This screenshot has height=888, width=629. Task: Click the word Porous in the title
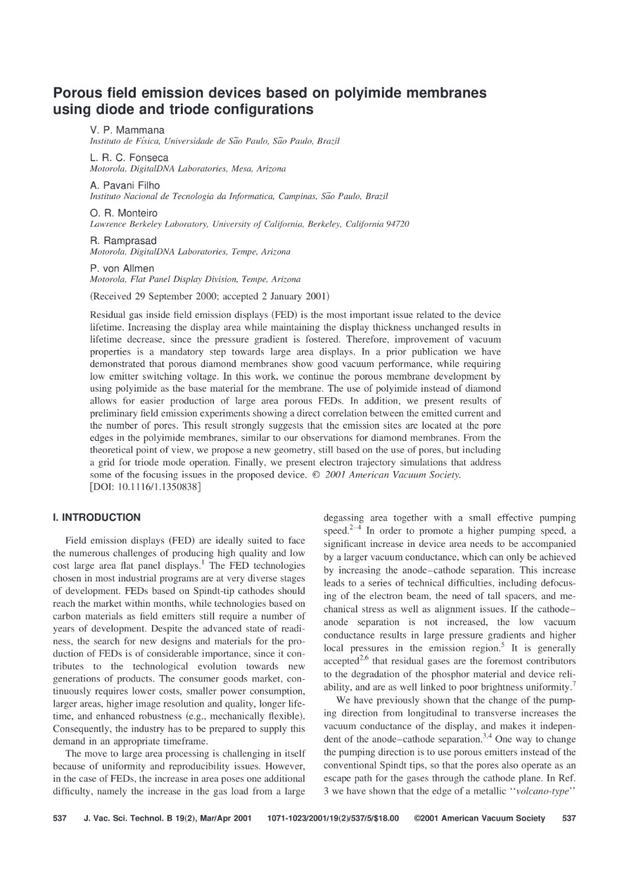[77, 94]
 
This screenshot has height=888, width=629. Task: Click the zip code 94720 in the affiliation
[396, 224]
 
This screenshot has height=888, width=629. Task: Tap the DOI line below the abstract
[146, 486]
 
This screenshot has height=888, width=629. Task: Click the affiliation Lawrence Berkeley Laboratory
[148, 224]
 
